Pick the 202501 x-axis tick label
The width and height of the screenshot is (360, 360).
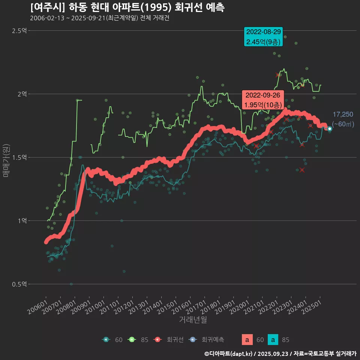pyautogui.click(x=313, y=303)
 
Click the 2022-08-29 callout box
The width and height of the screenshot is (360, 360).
pyautogui.click(x=263, y=37)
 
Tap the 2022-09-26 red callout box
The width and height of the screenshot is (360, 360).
pyautogui.click(x=262, y=100)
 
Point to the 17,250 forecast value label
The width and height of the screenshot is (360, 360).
pyautogui.click(x=343, y=114)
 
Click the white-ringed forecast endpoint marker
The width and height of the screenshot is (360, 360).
pyautogui.click(x=330, y=129)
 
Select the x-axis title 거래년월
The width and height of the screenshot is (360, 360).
pyautogui.click(x=193, y=320)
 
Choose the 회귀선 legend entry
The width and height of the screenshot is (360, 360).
pyautogui.click(x=175, y=340)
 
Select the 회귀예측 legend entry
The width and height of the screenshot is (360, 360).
pyautogui.click(x=212, y=340)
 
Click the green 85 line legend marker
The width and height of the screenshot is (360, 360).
pyautogui.click(x=132, y=340)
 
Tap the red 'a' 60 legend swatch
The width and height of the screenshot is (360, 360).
pyautogui.click(x=247, y=340)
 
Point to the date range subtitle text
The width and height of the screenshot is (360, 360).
pyautogui.click(x=99, y=18)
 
